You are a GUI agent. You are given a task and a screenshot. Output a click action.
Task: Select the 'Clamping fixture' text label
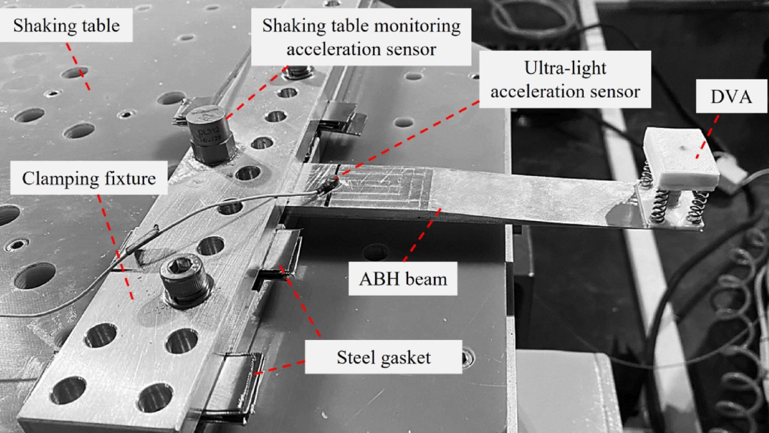coord(89,178)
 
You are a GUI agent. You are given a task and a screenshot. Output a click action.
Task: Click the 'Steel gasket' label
coord(383,357)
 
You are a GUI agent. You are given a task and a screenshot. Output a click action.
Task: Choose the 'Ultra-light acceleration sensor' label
coord(564,78)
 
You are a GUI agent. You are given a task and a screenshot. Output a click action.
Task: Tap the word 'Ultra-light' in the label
coord(564,66)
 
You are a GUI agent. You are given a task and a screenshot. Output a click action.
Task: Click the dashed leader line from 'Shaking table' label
coord(78,67)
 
